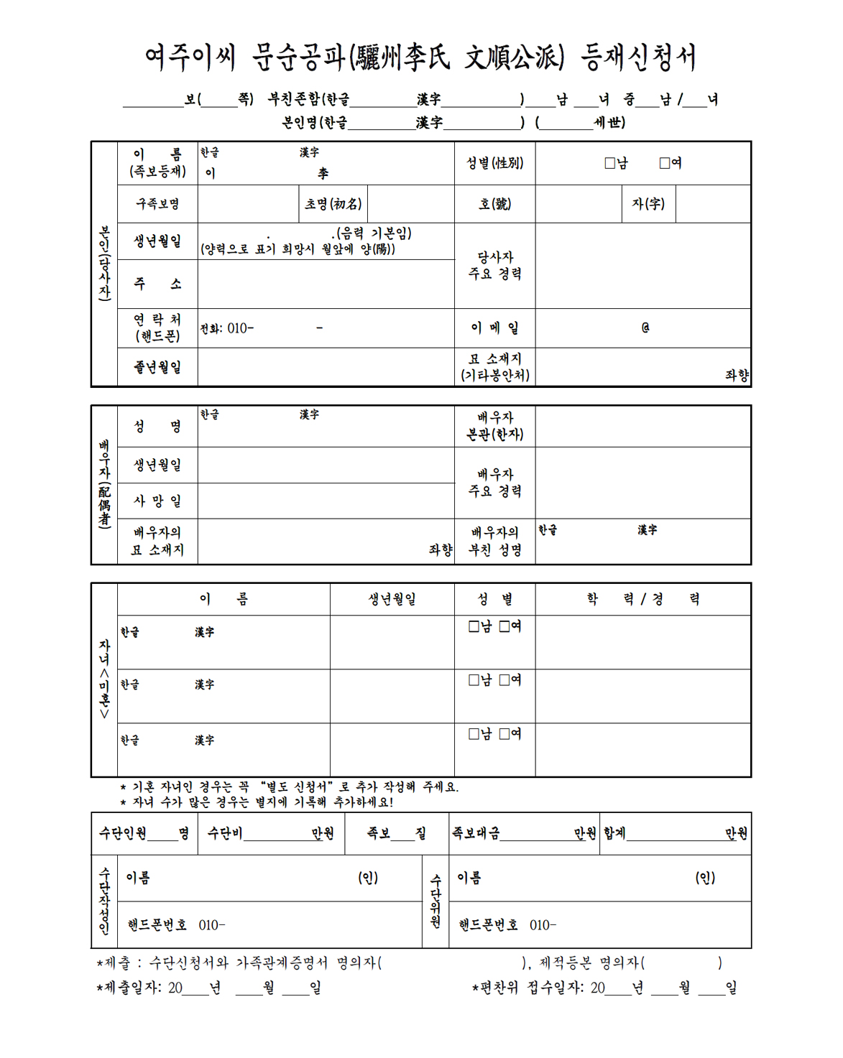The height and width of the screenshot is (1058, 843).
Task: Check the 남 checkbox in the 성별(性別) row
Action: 609,163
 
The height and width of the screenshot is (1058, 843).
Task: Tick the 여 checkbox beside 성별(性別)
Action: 665,163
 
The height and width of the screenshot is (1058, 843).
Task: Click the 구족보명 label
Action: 157,204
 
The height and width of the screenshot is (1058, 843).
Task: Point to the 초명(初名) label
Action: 333,204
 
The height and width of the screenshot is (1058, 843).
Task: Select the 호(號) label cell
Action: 494,204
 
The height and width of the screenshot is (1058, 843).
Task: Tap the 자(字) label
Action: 648,204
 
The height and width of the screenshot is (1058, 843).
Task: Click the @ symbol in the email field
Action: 645,328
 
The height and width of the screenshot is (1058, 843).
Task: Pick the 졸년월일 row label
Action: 157,367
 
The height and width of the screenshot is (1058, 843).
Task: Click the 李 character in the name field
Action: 323,173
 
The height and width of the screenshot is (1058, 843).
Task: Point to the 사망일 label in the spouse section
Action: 157,501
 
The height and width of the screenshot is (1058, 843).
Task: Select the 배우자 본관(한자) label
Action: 494,426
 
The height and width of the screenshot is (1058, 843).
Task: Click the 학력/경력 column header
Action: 642,599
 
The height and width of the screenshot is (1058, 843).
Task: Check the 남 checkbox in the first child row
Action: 474,626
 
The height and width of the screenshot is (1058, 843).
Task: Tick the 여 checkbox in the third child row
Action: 505,733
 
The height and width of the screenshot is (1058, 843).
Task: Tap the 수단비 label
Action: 225,833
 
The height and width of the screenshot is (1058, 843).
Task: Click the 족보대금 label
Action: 476,833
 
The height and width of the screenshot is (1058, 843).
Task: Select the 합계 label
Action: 614,833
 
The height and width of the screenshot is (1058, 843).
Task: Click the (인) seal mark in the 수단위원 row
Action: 705,878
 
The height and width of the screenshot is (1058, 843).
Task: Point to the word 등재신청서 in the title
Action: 639,57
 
